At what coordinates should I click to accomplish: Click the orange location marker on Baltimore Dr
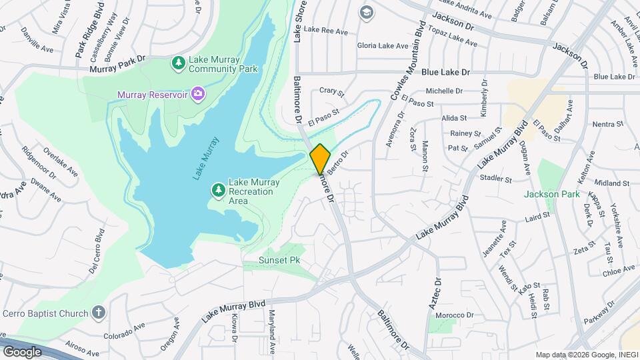[320, 159]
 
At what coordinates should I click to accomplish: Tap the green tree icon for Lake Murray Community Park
[179, 63]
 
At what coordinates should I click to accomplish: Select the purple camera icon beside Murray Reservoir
[197, 94]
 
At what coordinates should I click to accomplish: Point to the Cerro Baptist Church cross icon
[99, 313]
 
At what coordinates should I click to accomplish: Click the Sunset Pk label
[280, 260]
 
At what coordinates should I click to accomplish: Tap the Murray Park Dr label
[117, 67]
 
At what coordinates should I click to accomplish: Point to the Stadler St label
[495, 179]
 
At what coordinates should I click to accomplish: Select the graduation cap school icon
[366, 13]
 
